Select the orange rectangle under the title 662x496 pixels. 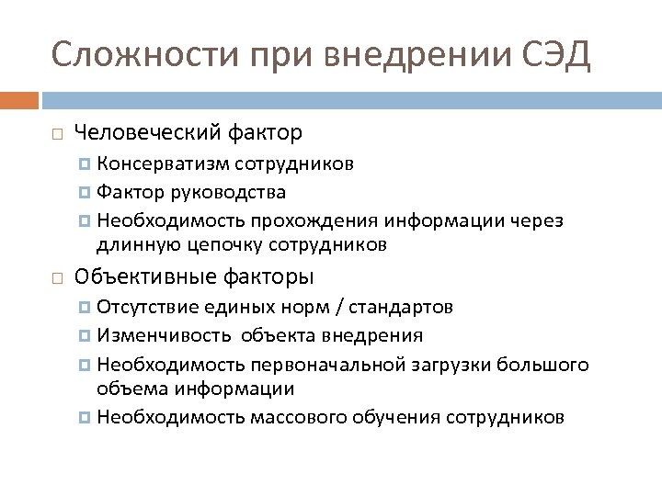pos(19,99)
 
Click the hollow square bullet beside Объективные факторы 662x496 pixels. pos(57,277)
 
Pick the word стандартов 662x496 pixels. pos(406,307)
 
